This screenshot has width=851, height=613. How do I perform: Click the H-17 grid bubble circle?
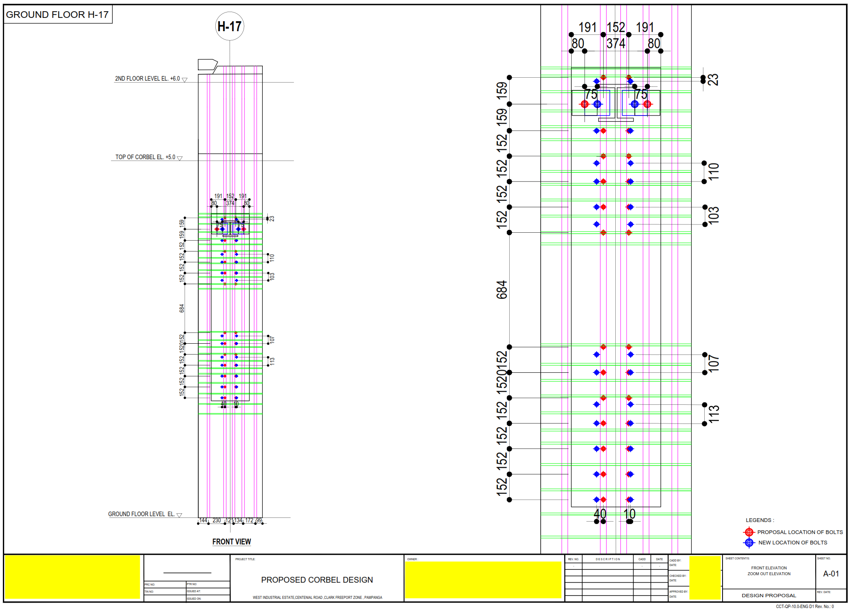(x=229, y=26)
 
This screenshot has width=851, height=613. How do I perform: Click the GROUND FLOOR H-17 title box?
(x=57, y=15)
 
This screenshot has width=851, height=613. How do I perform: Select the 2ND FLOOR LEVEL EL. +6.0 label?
(x=148, y=79)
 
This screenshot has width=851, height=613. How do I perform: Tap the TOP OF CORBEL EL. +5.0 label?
(x=146, y=157)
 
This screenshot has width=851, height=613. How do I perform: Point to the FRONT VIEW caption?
(x=232, y=542)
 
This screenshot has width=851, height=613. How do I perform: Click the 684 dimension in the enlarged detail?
(x=502, y=290)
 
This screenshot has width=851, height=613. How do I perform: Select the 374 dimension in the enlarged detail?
(x=616, y=43)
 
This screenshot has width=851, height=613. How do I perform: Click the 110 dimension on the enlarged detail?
(x=713, y=172)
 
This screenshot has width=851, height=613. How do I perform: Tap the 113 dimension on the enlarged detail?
(x=713, y=414)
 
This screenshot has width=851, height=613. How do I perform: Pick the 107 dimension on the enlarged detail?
(x=713, y=363)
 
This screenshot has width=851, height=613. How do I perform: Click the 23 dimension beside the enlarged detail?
(x=713, y=79)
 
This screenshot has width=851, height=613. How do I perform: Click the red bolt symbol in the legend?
(x=749, y=532)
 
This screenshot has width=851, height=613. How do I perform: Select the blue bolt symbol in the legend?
(x=749, y=542)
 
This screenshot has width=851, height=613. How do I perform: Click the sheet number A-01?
(x=831, y=574)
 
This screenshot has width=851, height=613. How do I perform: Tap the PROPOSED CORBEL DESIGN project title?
(x=317, y=580)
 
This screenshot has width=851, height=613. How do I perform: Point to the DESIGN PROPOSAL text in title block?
(x=769, y=595)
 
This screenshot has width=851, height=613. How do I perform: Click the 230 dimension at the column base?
(x=217, y=520)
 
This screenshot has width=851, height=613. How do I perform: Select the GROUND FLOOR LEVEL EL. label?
(x=141, y=514)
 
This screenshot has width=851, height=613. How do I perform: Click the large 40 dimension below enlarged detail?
(x=599, y=514)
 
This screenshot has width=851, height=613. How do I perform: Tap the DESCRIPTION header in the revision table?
(x=607, y=559)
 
